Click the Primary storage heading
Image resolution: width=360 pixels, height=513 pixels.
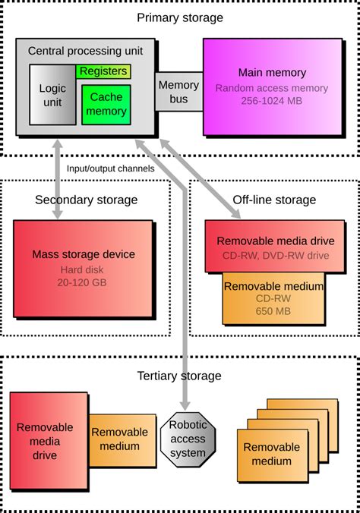(x=179, y=17)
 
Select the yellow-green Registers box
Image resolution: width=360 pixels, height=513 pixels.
(x=103, y=71)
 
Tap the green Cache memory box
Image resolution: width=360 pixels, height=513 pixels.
(x=106, y=105)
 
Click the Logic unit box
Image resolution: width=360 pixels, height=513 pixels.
(x=52, y=95)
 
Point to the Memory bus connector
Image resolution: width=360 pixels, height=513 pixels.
(x=178, y=92)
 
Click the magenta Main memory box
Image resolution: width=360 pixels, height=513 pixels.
(x=272, y=87)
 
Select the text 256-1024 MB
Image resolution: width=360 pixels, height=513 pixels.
(x=272, y=99)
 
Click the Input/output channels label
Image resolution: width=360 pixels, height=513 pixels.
(x=111, y=168)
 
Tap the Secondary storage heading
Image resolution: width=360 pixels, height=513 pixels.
(x=86, y=200)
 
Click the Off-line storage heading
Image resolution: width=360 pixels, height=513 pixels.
(x=274, y=200)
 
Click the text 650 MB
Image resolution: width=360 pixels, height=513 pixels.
(x=273, y=312)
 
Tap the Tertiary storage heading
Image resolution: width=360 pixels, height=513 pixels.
(x=179, y=375)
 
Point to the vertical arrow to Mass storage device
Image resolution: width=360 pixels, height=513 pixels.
(x=58, y=183)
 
